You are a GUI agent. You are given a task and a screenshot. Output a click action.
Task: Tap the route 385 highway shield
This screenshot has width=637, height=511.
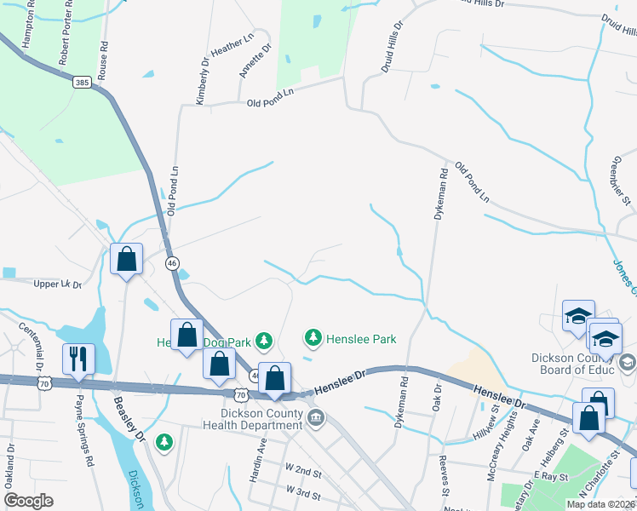click(82, 82)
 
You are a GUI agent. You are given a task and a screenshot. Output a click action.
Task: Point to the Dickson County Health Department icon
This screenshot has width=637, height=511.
click(317, 417)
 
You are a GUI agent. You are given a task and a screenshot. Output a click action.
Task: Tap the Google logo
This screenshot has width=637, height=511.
click(29, 501)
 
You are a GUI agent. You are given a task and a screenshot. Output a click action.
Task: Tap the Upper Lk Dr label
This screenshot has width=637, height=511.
click(56, 284)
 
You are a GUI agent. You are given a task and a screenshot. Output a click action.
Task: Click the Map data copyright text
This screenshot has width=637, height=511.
click(600, 503)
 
